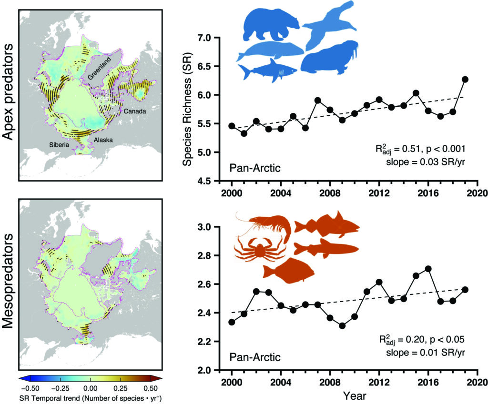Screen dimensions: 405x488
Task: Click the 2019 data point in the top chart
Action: point(465,80)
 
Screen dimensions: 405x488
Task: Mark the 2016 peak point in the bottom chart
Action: point(427,269)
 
